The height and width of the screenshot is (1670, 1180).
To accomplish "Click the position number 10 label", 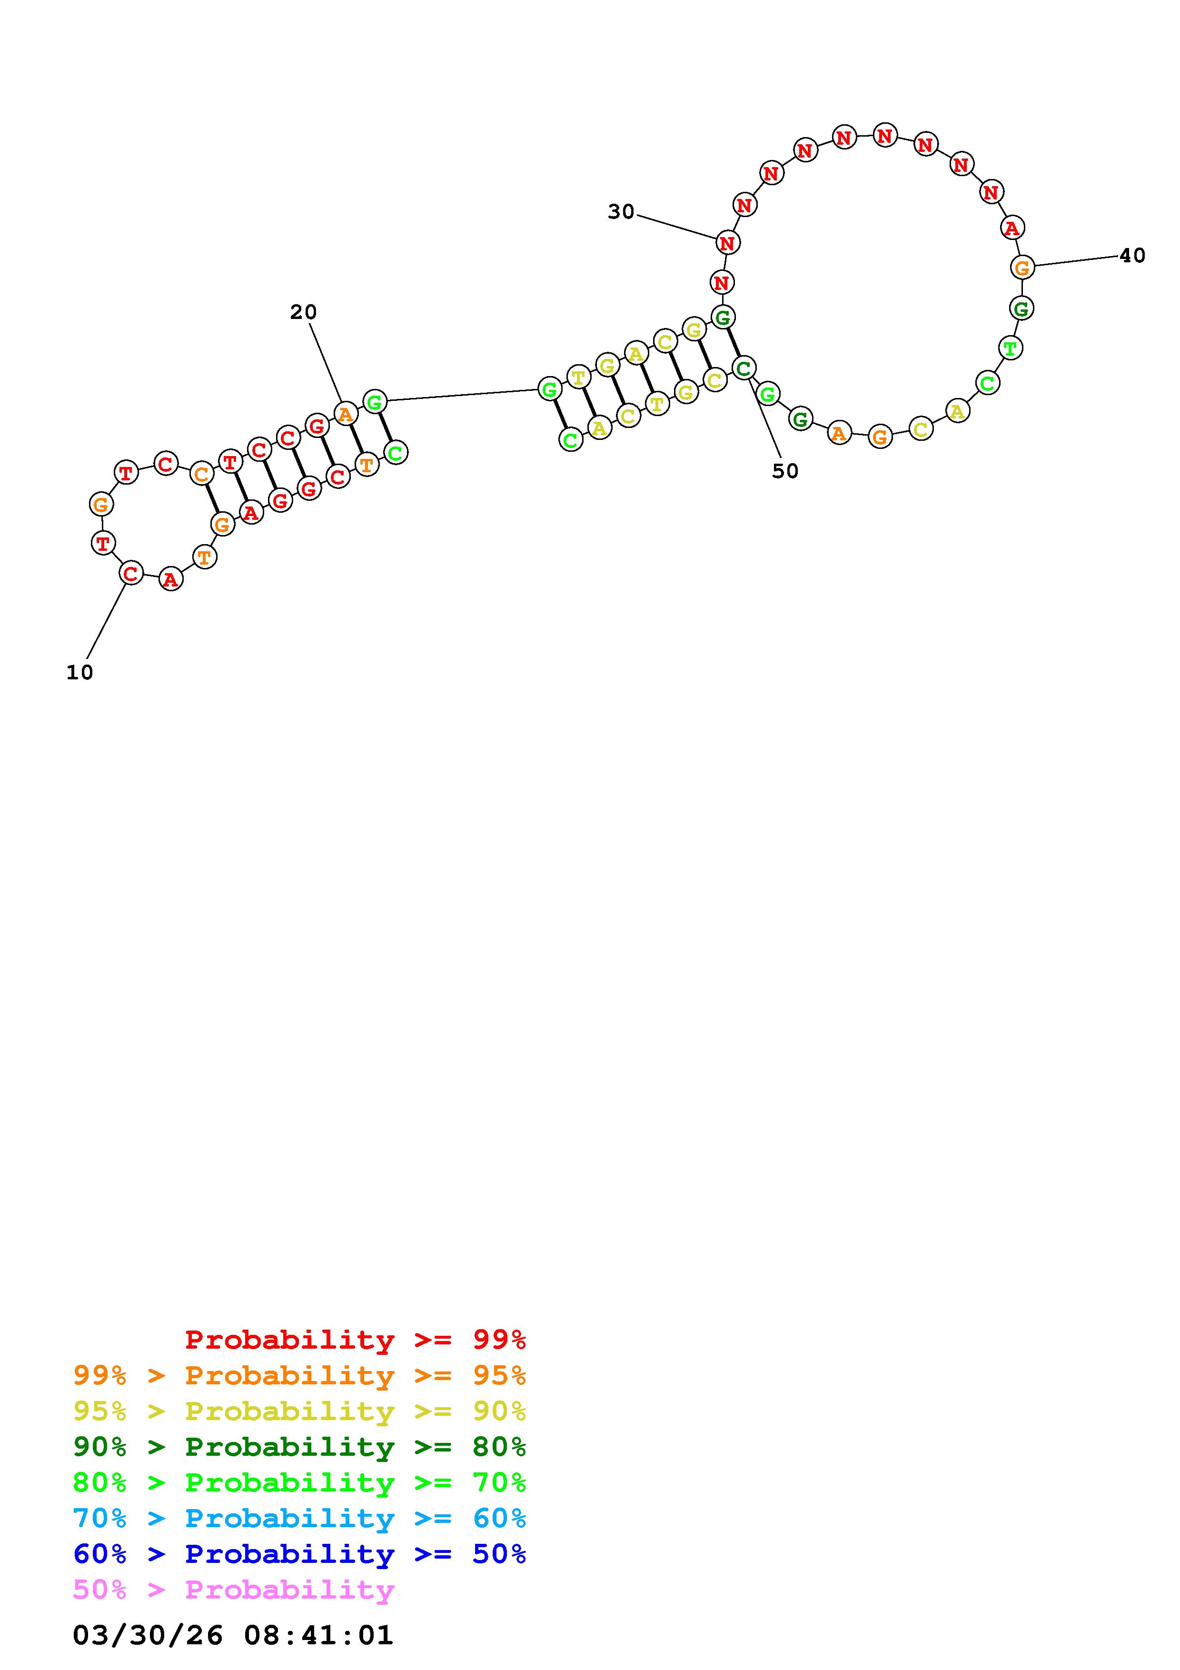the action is [x=80, y=673].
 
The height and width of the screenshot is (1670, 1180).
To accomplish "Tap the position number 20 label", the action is [x=303, y=312].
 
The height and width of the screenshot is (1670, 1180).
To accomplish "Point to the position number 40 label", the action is [x=1132, y=255].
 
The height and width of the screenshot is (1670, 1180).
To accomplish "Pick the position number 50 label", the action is [x=785, y=471].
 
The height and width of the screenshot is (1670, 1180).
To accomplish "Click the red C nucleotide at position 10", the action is [x=131, y=573].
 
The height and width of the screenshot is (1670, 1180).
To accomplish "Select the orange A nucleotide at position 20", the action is [x=346, y=415].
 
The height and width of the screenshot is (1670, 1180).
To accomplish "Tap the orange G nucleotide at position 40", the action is [x=1022, y=268].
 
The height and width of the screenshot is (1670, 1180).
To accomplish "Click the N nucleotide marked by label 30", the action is [x=727, y=243].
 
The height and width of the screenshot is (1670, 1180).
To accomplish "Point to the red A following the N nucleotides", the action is [x=1011, y=228].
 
